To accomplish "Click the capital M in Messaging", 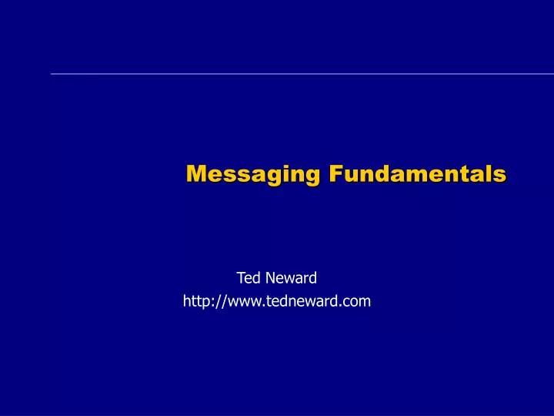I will [196, 174].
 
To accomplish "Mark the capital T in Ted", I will [240, 277].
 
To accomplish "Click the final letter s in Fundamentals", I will [501, 176].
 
